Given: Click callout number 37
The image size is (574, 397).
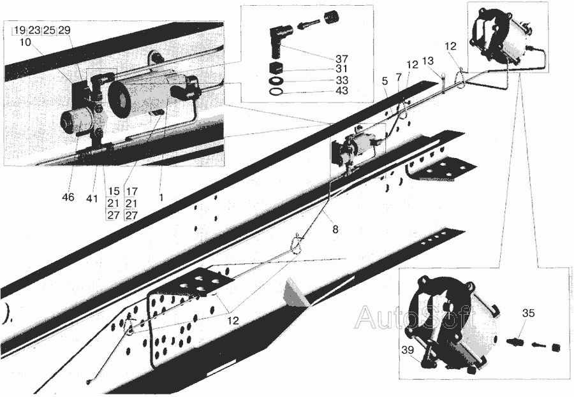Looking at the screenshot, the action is tap(342, 59).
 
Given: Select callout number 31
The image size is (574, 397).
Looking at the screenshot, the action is tap(342, 69).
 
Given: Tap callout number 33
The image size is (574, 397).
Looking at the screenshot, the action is tap(342, 80).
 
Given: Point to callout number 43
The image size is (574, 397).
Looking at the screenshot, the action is tap(342, 90).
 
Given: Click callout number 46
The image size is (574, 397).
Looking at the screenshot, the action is tap(68, 197).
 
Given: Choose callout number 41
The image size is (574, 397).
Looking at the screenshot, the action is tap(92, 198).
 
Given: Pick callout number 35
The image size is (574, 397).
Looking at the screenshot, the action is tap(528, 314).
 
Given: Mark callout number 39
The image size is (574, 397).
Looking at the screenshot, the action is tap(408, 350).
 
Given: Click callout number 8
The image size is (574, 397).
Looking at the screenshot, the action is tap(335, 229).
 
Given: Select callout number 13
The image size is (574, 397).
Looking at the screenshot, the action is tap(429, 61).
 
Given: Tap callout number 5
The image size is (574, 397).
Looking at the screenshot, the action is tap(385, 81).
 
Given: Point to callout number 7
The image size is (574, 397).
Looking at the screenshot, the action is tap(399, 77).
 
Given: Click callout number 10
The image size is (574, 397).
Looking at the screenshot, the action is tap(26, 42).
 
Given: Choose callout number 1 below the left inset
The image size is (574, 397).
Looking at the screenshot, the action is tap(161, 197).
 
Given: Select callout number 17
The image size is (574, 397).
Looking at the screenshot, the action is tap(131, 191).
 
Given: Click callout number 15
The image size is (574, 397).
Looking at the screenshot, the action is tap(114, 191).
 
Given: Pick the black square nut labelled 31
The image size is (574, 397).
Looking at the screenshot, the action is tap(276, 68).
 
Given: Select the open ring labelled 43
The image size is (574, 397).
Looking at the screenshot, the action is tap(277, 91).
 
